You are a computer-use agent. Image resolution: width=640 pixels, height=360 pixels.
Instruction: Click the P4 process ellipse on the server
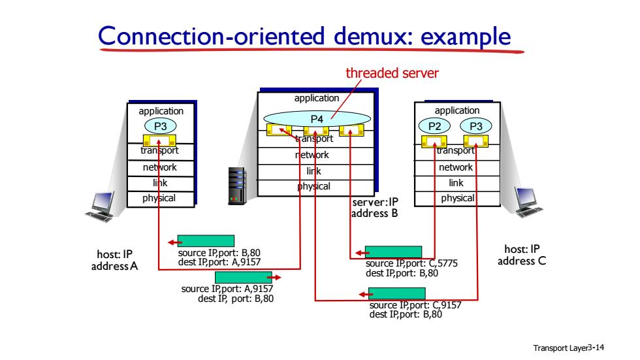pyautogui.click(x=317, y=119)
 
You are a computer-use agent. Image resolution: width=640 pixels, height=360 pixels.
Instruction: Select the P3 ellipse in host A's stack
pyautogui.click(x=161, y=126)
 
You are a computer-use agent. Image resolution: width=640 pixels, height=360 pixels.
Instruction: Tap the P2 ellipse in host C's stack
pyautogui.click(x=434, y=126)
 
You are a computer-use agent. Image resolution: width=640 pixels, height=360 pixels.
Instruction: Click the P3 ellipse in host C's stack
pyautogui.click(x=476, y=126)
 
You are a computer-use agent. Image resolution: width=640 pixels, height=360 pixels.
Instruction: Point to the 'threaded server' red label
pyautogui.click(x=392, y=73)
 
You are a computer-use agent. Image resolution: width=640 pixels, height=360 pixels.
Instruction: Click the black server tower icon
pyautogui.click(x=236, y=186)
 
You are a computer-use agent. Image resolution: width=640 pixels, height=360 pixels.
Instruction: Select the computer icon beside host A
pyautogui.click(x=100, y=206)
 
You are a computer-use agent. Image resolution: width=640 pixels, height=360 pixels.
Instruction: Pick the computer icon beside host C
pyautogui.click(x=529, y=202)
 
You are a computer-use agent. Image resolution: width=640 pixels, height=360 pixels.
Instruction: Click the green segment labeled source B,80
pyautogui.click(x=206, y=241)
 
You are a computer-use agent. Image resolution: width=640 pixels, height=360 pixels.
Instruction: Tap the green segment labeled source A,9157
pyautogui.click(x=243, y=277)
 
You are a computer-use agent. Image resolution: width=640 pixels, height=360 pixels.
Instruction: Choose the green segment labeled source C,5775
pyautogui.click(x=393, y=252)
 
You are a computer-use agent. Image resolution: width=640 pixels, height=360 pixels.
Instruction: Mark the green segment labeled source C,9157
pyautogui.click(x=397, y=293)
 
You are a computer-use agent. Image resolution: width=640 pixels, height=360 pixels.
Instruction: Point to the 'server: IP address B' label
pyautogui.click(x=375, y=208)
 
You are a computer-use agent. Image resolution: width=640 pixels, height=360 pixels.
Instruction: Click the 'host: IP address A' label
pyautogui.click(x=115, y=260)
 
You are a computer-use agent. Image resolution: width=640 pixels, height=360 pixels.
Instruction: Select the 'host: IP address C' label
pyautogui.click(x=522, y=255)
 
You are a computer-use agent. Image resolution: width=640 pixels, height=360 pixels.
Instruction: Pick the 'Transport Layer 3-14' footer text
pyautogui.click(x=569, y=348)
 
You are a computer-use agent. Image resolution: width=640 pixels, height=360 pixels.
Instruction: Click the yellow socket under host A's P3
pyautogui.click(x=159, y=140)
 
